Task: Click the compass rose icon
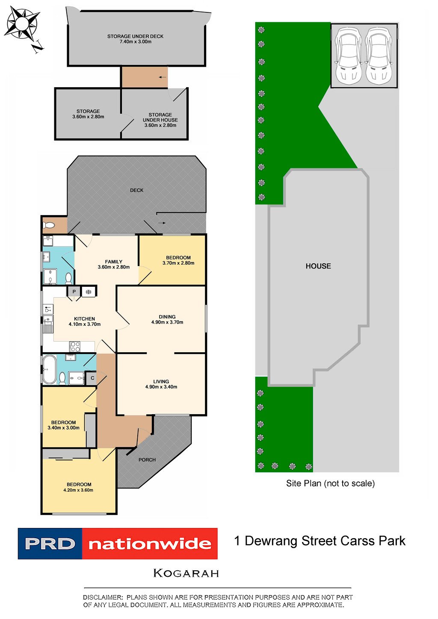click(22, 24)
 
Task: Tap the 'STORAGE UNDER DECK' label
click(135, 36)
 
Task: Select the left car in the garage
click(348, 55)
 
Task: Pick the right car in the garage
click(379, 55)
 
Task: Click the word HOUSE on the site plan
click(318, 266)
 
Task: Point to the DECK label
click(137, 190)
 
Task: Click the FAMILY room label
click(114, 262)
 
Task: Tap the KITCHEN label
click(85, 319)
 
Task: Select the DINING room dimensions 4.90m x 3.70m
click(167, 322)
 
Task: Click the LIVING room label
click(161, 381)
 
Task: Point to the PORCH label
click(147, 460)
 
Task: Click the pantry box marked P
click(74, 292)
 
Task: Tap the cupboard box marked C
click(92, 378)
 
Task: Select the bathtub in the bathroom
click(48, 369)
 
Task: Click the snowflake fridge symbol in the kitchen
click(89, 292)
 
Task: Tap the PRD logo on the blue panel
click(50, 544)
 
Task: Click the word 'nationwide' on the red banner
click(150, 544)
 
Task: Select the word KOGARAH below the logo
click(186, 573)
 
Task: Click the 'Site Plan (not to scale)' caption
click(330, 483)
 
